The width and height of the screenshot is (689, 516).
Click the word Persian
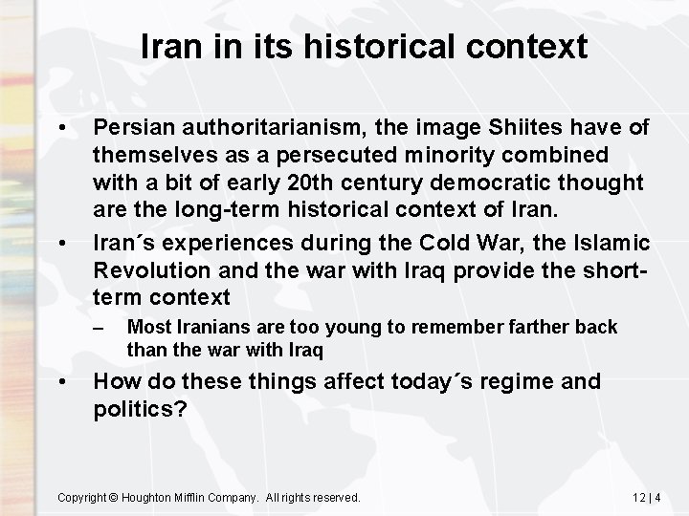132,128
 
